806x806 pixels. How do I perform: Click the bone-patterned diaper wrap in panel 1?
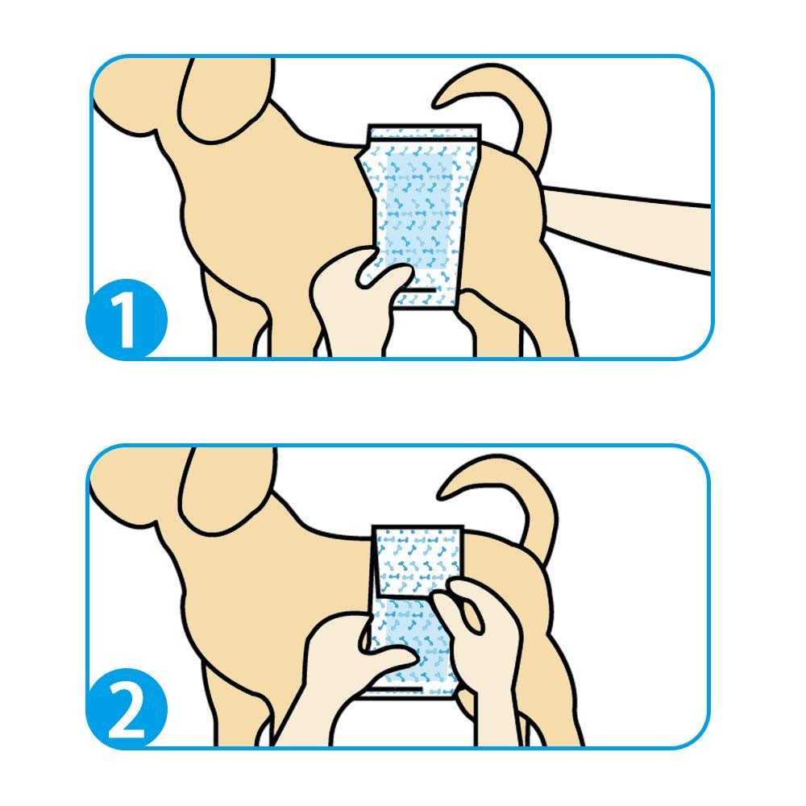[x=419, y=216]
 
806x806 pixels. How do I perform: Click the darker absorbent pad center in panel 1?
[x=419, y=210]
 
